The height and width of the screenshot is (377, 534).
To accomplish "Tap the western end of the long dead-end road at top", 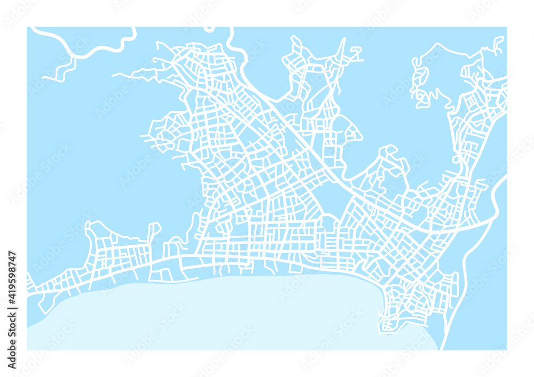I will (x=113, y=75).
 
